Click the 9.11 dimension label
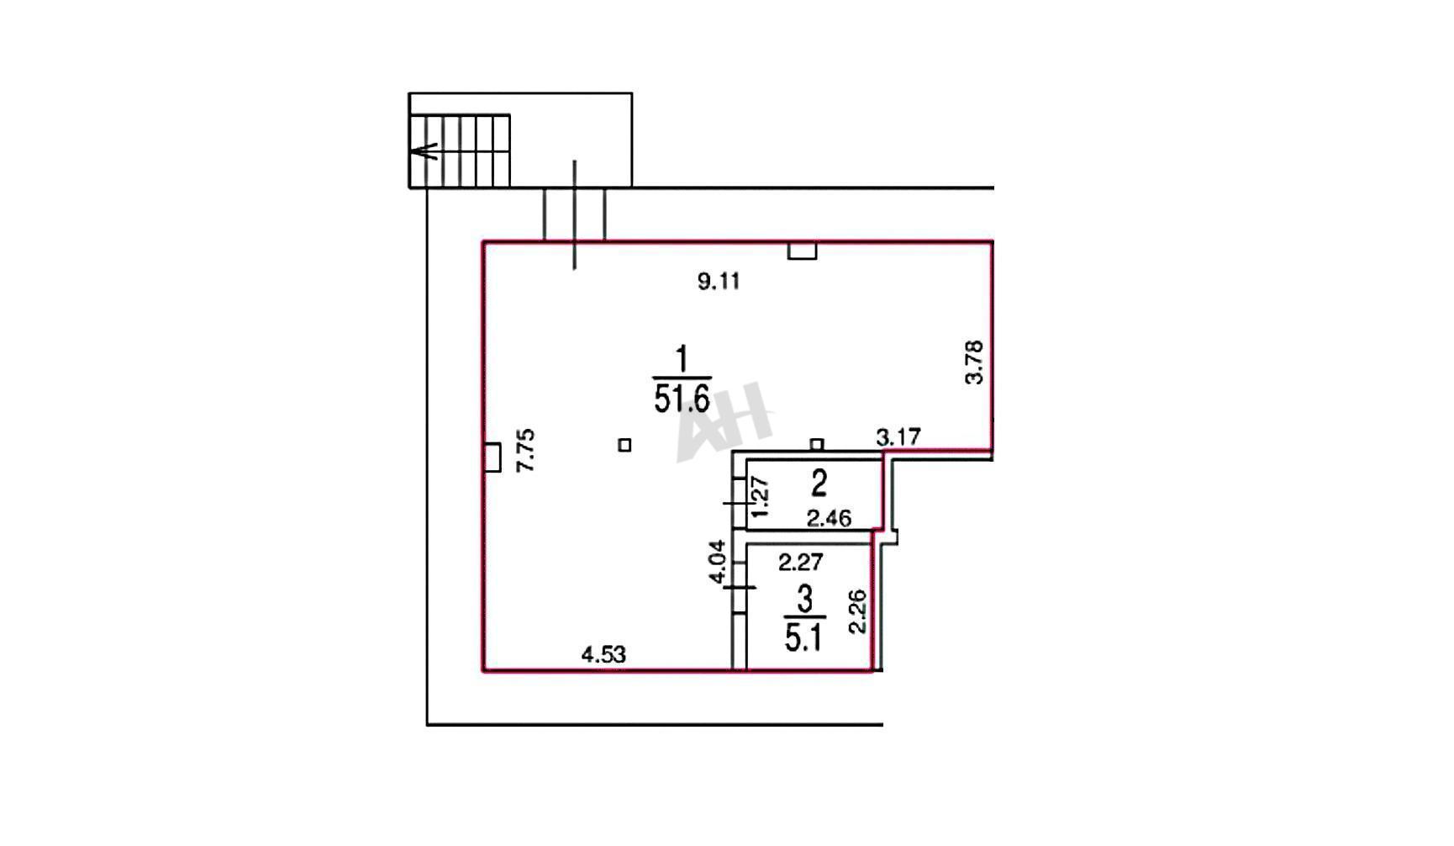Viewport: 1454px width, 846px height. click(x=719, y=281)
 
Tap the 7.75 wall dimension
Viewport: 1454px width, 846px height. click(x=526, y=451)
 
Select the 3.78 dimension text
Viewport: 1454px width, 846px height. click(x=973, y=362)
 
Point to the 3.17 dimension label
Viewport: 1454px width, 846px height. click(x=898, y=437)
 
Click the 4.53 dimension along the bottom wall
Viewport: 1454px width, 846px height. click(x=604, y=654)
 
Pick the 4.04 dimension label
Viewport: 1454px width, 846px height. click(x=716, y=562)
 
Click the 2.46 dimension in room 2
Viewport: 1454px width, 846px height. click(x=829, y=519)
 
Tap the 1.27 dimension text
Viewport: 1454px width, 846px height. click(x=760, y=497)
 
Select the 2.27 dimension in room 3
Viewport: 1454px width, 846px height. click(x=800, y=561)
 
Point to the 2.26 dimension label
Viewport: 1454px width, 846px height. click(x=856, y=611)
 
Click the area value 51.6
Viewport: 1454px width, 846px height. click(x=682, y=398)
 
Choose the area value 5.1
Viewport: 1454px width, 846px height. click(x=803, y=637)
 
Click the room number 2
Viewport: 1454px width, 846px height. click(x=819, y=483)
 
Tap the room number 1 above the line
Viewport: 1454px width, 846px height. click(x=682, y=359)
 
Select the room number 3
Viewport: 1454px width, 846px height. click(x=805, y=600)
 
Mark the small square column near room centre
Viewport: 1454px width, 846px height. click(x=624, y=445)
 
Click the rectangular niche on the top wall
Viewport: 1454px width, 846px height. click(x=802, y=251)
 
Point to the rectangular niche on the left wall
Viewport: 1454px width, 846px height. click(x=493, y=457)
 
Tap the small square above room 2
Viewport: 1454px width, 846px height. click(x=817, y=444)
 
